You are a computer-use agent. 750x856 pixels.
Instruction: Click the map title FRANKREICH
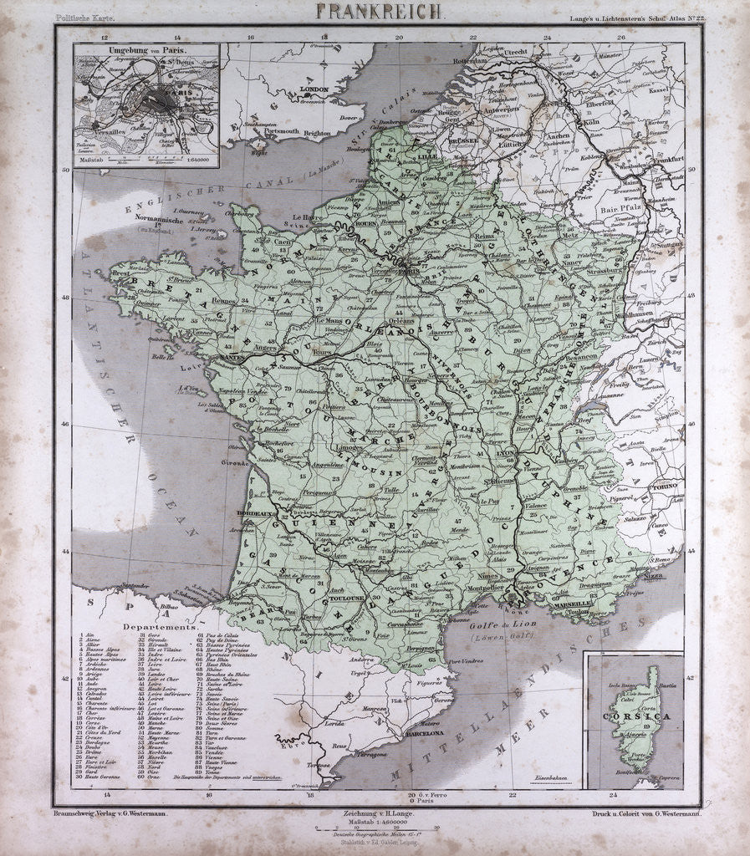click(x=380, y=11)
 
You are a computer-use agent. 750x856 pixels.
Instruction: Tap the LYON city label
click(x=506, y=452)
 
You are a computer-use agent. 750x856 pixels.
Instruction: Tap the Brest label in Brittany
click(x=120, y=273)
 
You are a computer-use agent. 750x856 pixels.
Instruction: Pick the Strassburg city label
click(x=614, y=271)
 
